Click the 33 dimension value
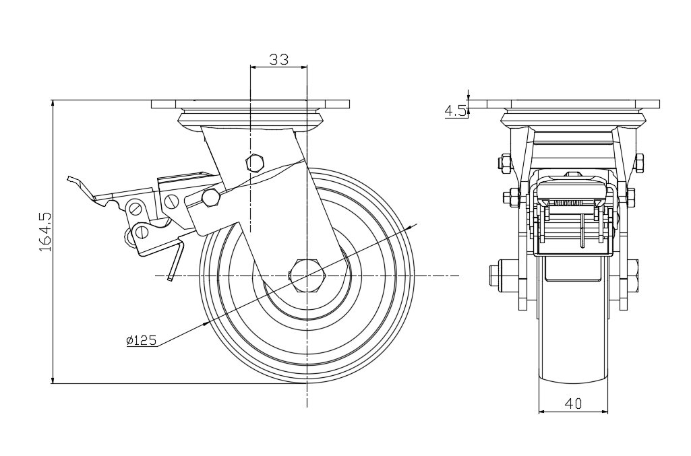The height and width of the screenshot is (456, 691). click(x=278, y=59)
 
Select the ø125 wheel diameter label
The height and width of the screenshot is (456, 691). click(x=141, y=340)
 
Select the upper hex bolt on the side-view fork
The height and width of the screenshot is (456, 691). click(x=256, y=163)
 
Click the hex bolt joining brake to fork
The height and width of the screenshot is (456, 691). click(x=211, y=197)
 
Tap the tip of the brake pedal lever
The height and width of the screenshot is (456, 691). click(x=70, y=178)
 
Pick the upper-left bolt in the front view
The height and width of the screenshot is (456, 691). click(x=505, y=162)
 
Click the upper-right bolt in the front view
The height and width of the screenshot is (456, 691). click(x=638, y=162)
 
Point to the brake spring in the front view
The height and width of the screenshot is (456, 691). click(x=572, y=202)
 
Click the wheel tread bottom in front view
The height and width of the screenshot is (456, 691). click(x=573, y=377)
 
